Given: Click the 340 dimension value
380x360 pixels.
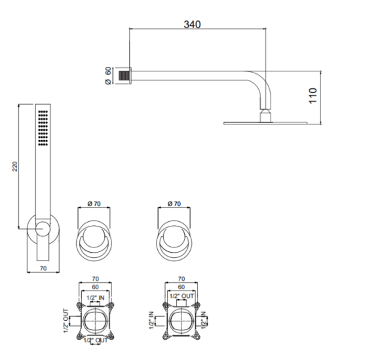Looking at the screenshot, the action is click(192, 24).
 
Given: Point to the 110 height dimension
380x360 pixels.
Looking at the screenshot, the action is click(313, 96).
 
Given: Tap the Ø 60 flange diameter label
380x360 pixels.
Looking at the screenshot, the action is click(108, 76).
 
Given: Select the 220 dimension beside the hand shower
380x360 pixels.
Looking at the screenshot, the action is click(15, 166).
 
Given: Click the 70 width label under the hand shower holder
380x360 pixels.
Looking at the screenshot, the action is click(43, 268).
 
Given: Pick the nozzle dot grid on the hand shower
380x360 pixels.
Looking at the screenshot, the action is click(43, 128).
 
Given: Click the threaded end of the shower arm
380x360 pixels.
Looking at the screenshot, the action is click(123, 76).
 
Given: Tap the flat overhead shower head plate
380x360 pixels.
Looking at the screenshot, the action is click(265, 123).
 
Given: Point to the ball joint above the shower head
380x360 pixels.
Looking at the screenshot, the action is click(265, 115).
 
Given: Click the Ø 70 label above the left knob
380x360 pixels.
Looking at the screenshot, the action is click(94, 204).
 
